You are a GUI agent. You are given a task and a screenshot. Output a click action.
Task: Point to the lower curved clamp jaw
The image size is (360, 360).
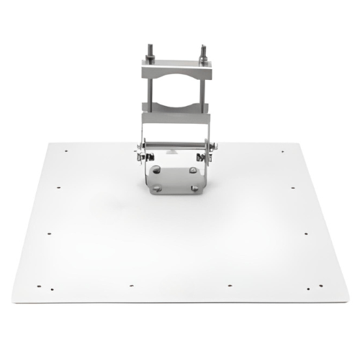tap(177, 114)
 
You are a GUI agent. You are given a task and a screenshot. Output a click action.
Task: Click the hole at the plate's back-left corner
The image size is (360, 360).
tap(66, 152)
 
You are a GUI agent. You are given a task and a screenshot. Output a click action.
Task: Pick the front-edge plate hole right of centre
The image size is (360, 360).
tap(229, 285)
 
